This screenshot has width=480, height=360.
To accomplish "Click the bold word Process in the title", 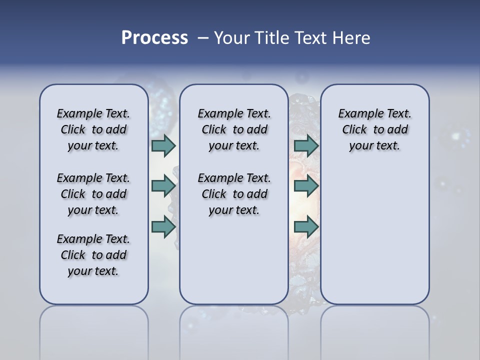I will click(154, 38).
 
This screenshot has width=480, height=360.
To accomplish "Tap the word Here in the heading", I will click(351, 38).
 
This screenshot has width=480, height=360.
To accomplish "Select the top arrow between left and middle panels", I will click(163, 145).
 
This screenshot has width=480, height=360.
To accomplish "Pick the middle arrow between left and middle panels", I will click(163, 186).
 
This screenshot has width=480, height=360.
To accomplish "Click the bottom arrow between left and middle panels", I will click(163, 227).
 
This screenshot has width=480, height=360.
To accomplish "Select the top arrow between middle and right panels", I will click(306, 145).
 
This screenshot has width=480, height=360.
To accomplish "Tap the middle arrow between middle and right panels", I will click(306, 186).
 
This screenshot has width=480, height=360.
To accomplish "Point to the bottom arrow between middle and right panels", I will click(306, 227).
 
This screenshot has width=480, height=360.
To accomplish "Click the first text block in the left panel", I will click(93, 129).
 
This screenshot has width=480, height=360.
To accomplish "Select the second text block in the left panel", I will click(93, 194).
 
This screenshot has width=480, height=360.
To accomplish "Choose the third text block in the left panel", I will click(93, 255).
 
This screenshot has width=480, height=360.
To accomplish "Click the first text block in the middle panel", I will click(234, 129).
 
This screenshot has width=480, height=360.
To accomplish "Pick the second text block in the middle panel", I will click(234, 194).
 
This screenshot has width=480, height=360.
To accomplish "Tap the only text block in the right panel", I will click(374, 129).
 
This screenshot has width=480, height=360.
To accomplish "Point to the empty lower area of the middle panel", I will click(234, 260).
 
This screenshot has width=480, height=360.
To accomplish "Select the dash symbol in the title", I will click(203, 38).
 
